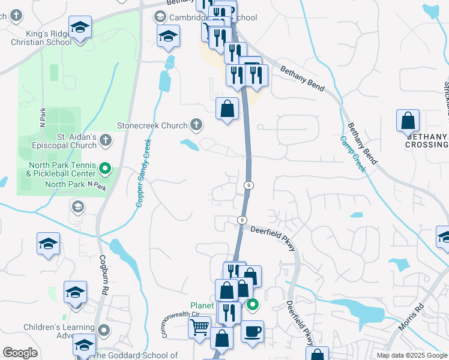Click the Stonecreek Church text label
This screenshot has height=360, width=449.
pyautogui.click(x=152, y=126)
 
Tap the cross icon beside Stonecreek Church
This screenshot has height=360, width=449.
pyautogui.click(x=196, y=125)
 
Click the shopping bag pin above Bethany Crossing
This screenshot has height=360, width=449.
pyautogui.click(x=408, y=121)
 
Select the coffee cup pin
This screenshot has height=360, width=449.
pyautogui.click(x=252, y=331)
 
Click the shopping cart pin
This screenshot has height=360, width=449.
pyautogui.click(x=200, y=328)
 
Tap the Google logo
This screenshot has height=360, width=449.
pyautogui.click(x=20, y=353)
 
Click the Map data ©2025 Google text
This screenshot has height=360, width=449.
pyautogui.click(x=411, y=355)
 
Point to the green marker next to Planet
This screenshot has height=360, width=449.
pyautogui.click(x=253, y=305)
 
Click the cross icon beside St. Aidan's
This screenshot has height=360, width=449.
pyautogui.click(x=106, y=140)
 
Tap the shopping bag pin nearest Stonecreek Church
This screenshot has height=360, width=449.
pyautogui.click(x=227, y=109)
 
